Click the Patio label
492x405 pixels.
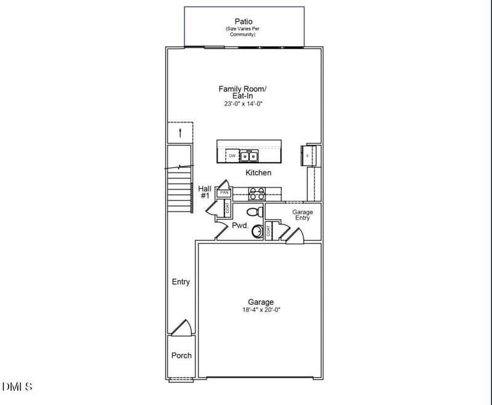click(x=244, y=21)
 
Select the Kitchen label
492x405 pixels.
click(x=258, y=173)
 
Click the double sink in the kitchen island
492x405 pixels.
click(x=249, y=156)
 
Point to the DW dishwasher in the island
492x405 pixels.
click(x=232, y=156)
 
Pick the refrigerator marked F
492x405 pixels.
click(x=308, y=156)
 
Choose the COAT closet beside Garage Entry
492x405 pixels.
click(x=269, y=232)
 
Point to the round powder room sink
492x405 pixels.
click(x=258, y=231)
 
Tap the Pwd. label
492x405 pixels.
click(x=240, y=226)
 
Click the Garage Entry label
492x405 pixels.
click(x=303, y=215)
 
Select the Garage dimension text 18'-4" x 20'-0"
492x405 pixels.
click(x=261, y=310)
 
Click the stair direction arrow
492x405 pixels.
click(x=180, y=132)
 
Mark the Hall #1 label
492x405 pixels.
click(x=205, y=192)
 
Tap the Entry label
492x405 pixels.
click(x=181, y=282)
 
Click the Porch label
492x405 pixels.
click(x=181, y=355)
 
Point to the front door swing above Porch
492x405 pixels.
click(x=181, y=328)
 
